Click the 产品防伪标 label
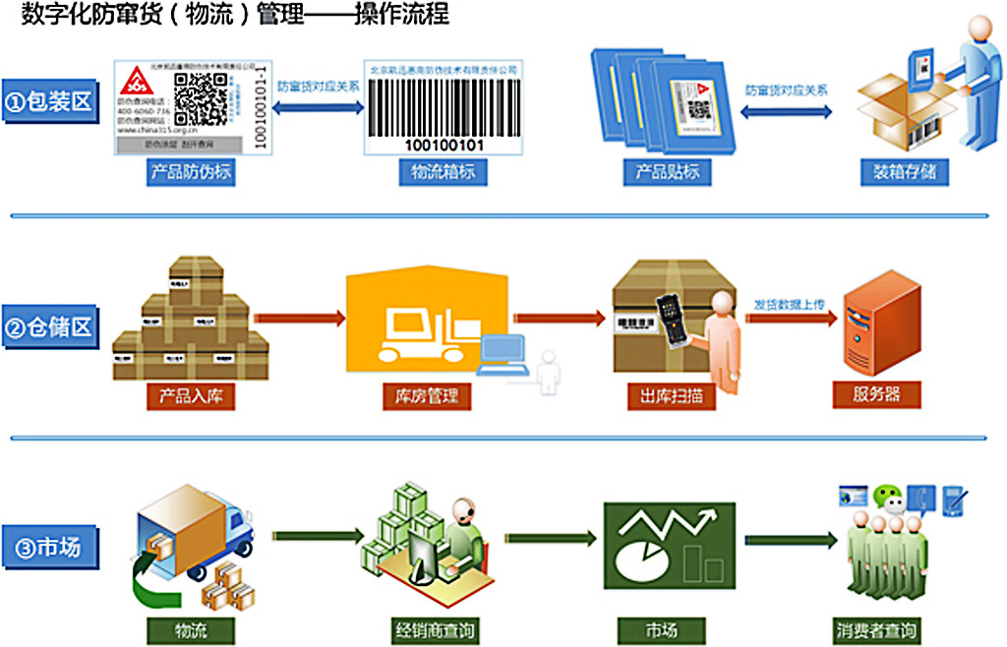192,173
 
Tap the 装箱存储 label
905,173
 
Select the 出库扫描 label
669,396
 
